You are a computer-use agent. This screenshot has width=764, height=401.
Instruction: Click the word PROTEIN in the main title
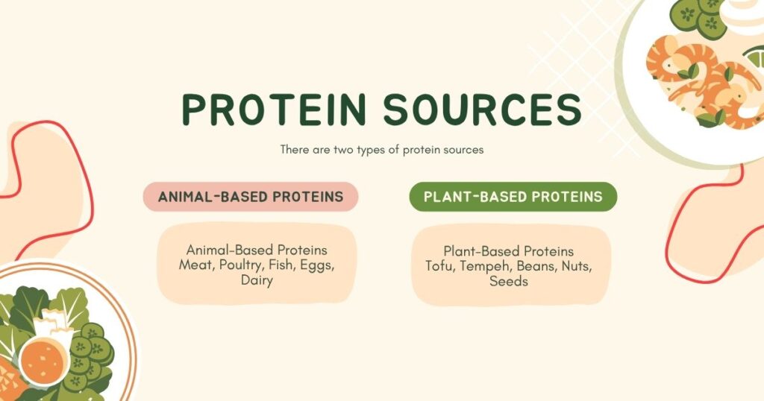pos(274,109)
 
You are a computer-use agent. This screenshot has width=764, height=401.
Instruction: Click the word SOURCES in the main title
pos(483,109)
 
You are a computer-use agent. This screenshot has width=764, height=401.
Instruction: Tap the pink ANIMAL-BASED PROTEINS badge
pos(251,197)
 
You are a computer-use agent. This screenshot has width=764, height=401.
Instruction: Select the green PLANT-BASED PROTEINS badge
pos(513,197)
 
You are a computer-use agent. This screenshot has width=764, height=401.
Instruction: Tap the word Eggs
pos(317,265)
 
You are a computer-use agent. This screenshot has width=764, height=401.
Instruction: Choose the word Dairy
pos(257,281)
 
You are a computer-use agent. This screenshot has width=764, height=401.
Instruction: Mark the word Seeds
pos(509,281)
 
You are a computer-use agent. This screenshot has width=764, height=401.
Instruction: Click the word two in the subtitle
pos(343,150)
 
